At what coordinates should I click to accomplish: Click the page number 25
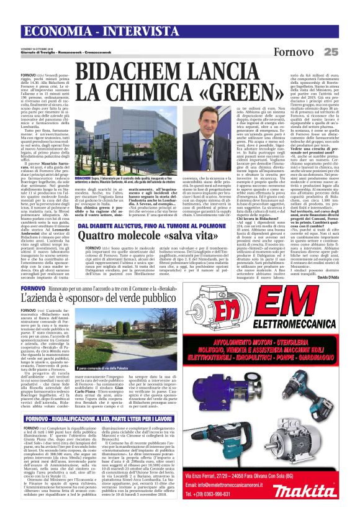348,51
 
